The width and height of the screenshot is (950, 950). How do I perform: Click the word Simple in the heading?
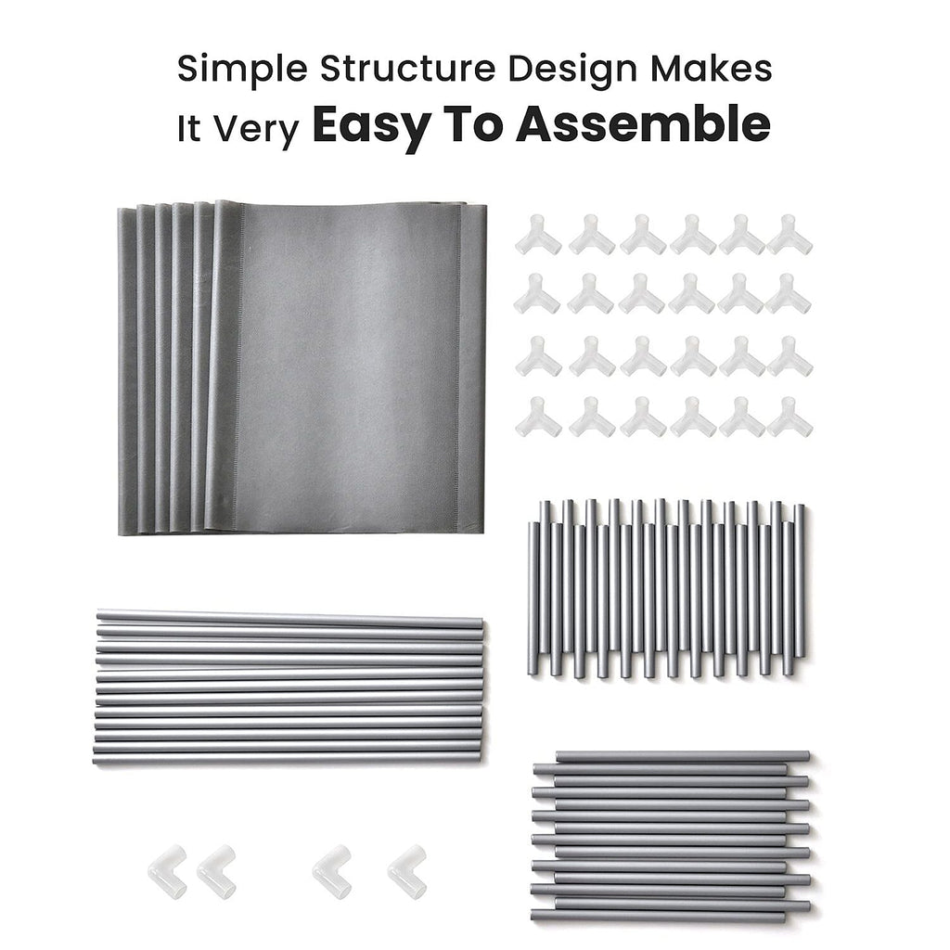tap(242, 71)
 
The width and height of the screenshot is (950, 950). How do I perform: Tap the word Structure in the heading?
tap(408, 69)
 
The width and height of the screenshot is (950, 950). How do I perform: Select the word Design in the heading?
tap(572, 71)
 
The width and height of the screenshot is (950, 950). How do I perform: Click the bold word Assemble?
tap(643, 123)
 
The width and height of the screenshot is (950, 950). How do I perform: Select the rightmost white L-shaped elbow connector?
tap(407, 870)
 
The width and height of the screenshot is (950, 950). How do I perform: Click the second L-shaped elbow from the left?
tap(217, 871)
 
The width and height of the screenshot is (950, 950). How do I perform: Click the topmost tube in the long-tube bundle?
tap(289, 618)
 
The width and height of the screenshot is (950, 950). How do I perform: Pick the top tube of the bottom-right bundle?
tap(683, 757)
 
